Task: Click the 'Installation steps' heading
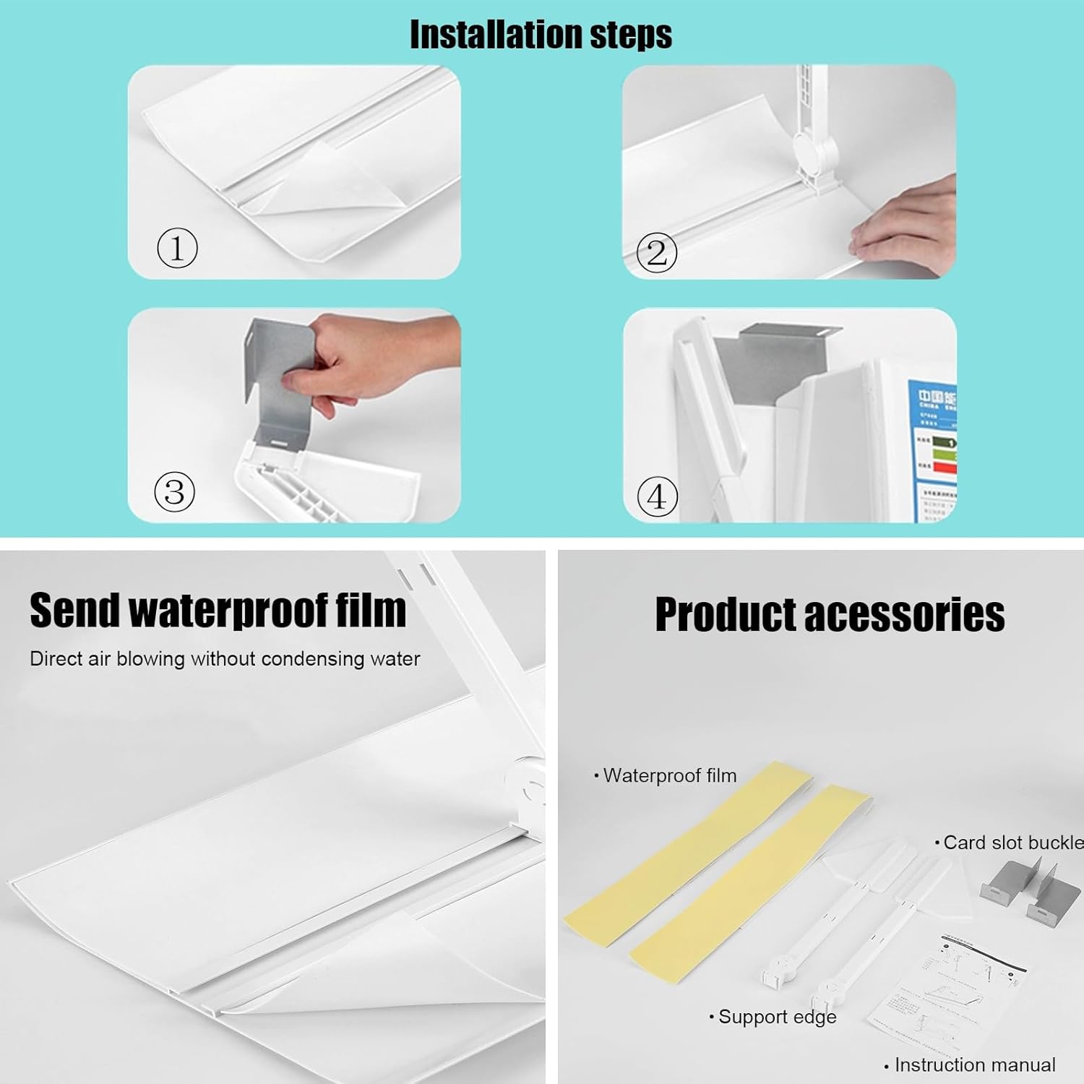tap(541, 34)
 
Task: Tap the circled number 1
tap(177, 248)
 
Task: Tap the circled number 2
tap(656, 252)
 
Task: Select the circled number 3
tap(175, 492)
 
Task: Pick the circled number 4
tap(657, 496)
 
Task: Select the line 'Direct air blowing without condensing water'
tap(225, 659)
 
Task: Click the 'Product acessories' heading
tap(829, 615)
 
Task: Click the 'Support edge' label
tap(774, 1017)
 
